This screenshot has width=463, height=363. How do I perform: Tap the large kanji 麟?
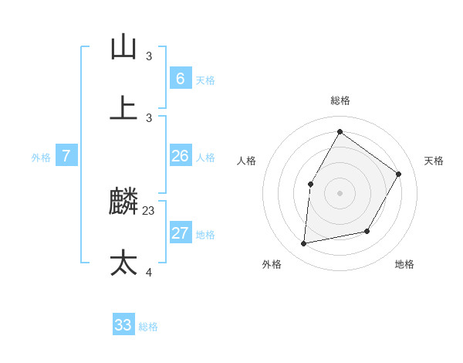124,203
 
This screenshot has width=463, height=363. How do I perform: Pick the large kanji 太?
123,263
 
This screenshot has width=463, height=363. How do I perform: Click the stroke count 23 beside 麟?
149,210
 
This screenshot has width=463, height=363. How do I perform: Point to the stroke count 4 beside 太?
149,271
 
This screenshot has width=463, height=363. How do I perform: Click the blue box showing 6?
180,79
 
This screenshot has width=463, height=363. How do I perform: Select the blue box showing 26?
180,157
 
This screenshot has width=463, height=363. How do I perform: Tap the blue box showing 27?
180,233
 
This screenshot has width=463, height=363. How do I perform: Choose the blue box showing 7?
66,156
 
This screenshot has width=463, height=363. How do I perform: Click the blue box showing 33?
123,325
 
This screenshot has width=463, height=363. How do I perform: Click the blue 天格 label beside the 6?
204,80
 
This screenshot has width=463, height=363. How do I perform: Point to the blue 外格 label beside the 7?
41,158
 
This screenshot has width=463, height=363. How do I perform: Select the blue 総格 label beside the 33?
148,327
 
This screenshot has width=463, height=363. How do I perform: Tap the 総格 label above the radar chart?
340,100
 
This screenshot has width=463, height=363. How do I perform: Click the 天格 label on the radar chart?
434,161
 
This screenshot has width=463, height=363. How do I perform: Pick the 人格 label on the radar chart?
247,161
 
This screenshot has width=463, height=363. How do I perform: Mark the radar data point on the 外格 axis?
304,243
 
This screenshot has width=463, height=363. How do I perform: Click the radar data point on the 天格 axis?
399,174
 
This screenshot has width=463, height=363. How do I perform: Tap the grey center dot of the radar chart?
340,193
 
